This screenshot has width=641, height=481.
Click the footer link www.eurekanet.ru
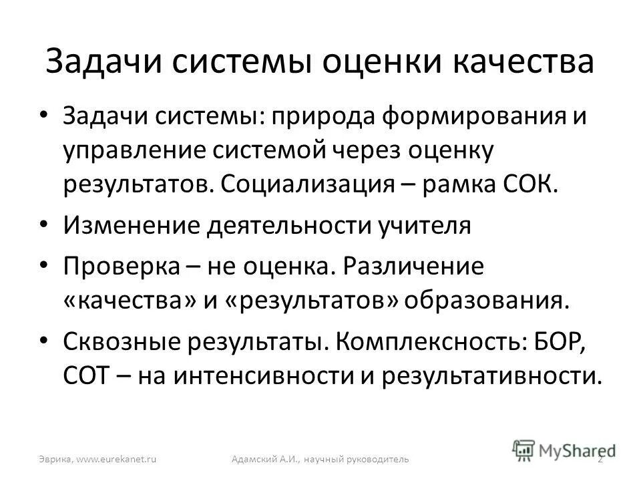[x=116, y=459]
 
